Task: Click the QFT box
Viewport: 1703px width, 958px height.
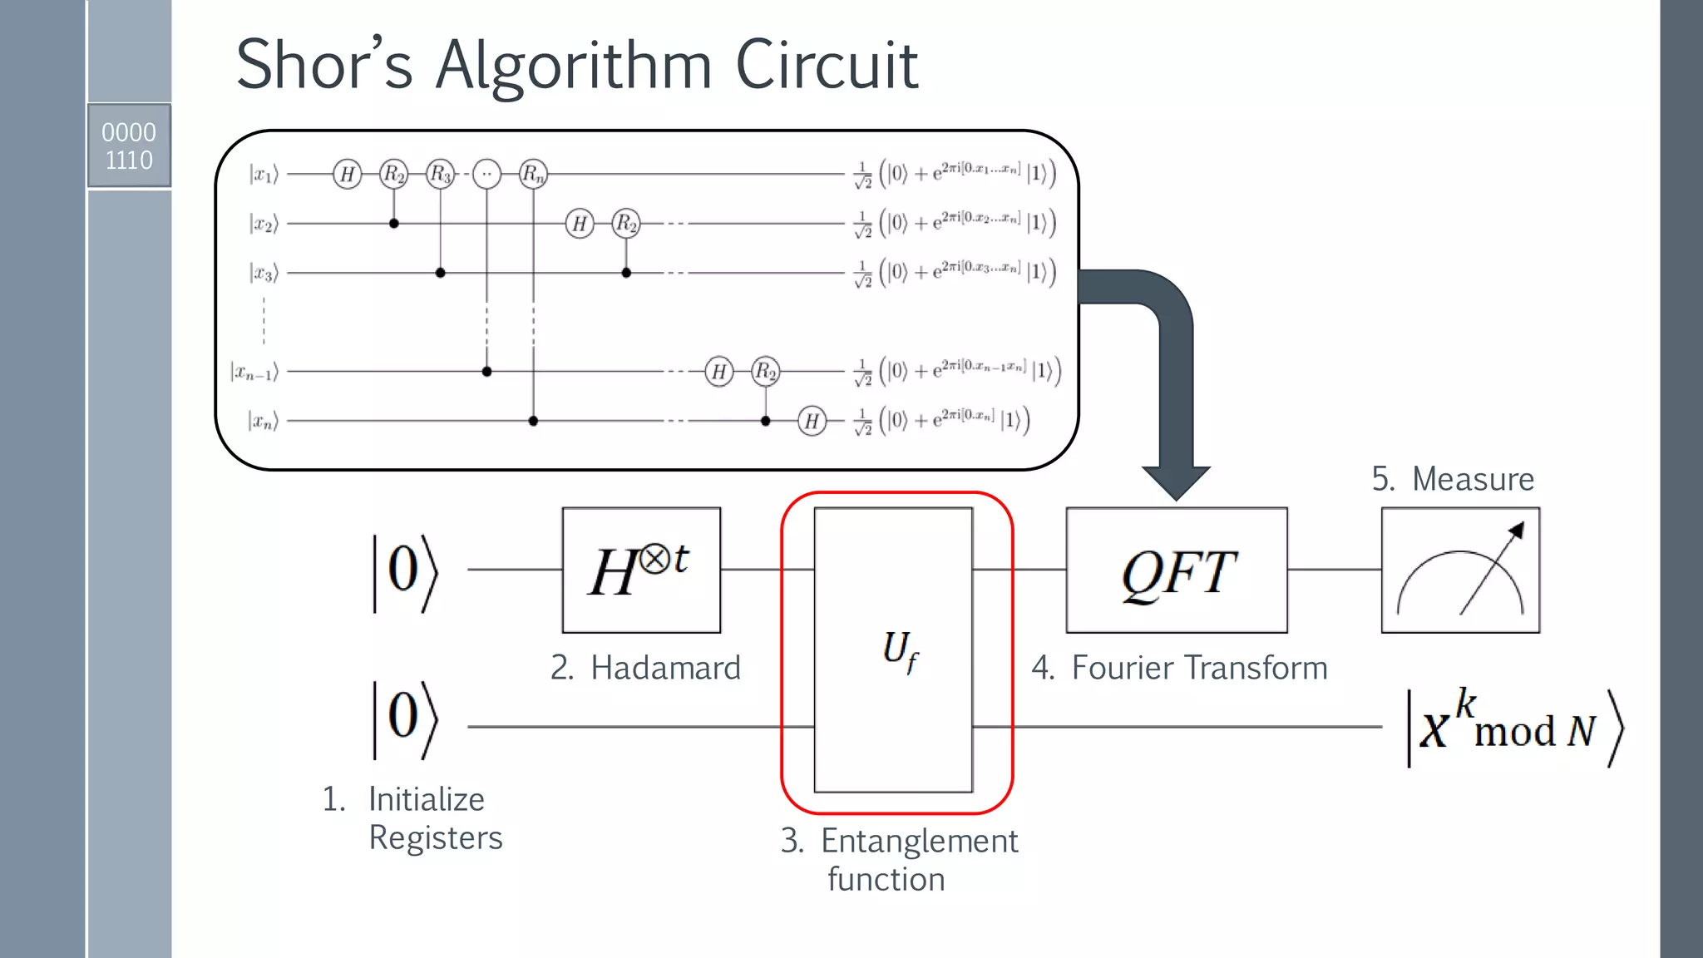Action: click(1177, 570)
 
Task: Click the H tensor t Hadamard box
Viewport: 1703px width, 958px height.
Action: click(641, 570)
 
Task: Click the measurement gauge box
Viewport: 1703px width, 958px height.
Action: click(1460, 570)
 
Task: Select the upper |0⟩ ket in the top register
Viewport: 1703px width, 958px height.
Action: click(405, 572)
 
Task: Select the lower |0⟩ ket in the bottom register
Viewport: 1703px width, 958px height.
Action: click(405, 719)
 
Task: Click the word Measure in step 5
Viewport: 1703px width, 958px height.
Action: click(1473, 479)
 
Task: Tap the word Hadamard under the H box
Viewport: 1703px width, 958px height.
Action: click(665, 668)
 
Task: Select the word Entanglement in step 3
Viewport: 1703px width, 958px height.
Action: click(919, 841)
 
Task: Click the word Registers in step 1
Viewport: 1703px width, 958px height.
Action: click(436, 837)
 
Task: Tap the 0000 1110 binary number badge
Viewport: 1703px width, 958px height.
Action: click(129, 146)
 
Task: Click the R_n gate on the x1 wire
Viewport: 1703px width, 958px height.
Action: click(533, 174)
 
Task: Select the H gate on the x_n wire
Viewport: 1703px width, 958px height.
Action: click(812, 421)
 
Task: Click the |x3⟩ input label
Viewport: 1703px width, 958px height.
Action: click(264, 272)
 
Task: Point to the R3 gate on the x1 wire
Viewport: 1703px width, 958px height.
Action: click(440, 174)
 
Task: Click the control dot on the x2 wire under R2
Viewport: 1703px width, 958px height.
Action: click(394, 223)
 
